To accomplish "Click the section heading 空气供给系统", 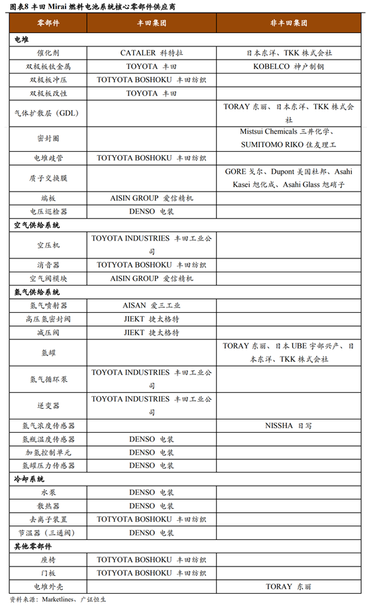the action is tap(37, 225).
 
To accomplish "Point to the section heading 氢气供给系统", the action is tap(37, 292).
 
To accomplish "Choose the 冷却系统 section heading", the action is tap(29, 479).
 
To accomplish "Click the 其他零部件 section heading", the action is tap(33, 546).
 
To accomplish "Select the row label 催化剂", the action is tap(48, 52).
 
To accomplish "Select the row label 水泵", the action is tap(48, 493).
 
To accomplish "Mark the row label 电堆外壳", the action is tap(48, 586).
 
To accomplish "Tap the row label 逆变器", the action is tap(48, 405).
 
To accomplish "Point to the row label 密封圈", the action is tap(48, 138).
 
